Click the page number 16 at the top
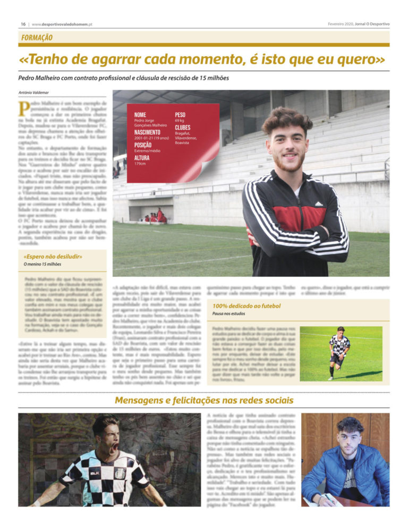pos(23,24)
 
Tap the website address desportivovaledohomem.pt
pos(62,24)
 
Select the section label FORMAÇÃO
pos(37,38)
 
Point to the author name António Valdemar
pos(33,93)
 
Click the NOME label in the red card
pos(140,114)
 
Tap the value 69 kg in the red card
pos(179,121)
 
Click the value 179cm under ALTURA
pos(140,164)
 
